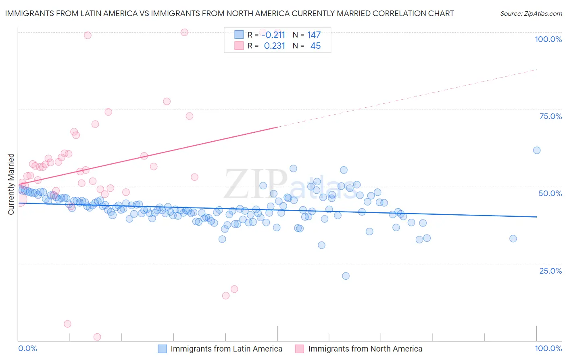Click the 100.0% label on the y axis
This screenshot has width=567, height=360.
point(548,39)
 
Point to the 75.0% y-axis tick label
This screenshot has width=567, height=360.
point(550,116)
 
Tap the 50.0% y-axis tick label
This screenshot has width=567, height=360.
point(550,193)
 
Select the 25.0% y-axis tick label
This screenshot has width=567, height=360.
point(550,270)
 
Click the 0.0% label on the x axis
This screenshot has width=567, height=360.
point(27,348)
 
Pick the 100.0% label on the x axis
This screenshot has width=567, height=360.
point(548,348)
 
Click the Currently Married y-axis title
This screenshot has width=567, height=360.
point(11,184)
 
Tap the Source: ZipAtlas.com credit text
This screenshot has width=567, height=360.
point(531,13)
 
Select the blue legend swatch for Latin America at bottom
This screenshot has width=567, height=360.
point(162,349)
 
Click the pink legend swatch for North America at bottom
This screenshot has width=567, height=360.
point(299,349)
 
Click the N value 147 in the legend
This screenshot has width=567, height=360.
point(314,35)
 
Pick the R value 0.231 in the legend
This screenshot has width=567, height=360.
point(275,46)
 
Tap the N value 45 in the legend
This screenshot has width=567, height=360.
point(315,46)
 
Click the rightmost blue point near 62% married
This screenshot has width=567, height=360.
point(536,150)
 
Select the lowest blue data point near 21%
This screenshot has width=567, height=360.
point(346,276)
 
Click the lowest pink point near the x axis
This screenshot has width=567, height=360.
point(97,337)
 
